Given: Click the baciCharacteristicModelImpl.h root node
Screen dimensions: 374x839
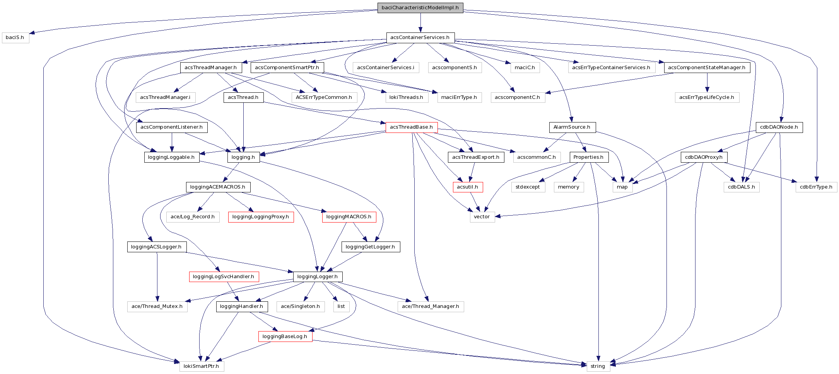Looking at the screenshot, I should click(420, 8).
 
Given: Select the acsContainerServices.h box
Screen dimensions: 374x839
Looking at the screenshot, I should click(420, 37).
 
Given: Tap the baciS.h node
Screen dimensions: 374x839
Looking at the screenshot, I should click(15, 37).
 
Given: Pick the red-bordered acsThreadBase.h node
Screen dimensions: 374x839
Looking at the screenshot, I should click(411, 127).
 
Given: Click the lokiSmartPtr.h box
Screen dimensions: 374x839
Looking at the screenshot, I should click(201, 366).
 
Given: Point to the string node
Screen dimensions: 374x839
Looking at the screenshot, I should click(598, 366).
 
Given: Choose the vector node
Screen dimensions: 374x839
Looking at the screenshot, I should click(482, 217).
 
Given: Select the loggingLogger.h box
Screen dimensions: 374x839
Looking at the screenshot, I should click(318, 277).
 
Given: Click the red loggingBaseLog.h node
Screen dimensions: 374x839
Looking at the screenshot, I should click(285, 336).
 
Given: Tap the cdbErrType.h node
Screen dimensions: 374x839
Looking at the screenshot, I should click(816, 187).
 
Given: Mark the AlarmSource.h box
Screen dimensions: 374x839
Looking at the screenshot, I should click(572, 127).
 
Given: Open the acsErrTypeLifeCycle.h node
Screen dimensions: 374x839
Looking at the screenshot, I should click(707, 97).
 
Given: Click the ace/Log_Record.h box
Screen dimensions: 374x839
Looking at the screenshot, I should click(193, 217).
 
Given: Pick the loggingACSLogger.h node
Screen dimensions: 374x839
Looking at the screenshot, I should click(156, 247).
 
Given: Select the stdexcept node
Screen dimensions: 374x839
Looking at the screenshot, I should click(528, 187).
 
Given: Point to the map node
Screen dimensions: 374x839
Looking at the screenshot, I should click(622, 187).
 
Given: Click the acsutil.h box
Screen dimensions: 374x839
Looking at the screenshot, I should click(467, 187).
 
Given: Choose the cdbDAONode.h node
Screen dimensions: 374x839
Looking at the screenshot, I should click(779, 127).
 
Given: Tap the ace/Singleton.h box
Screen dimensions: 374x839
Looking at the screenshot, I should click(301, 306).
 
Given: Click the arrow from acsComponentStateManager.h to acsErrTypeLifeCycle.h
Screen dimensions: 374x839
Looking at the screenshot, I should click(707, 82).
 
